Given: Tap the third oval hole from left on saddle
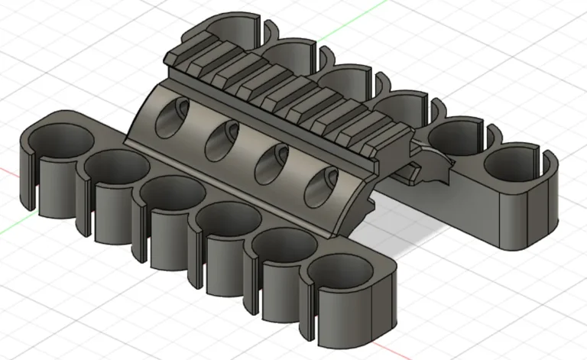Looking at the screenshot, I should coord(271,163).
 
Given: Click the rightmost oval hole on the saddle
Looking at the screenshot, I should coord(321,186).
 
